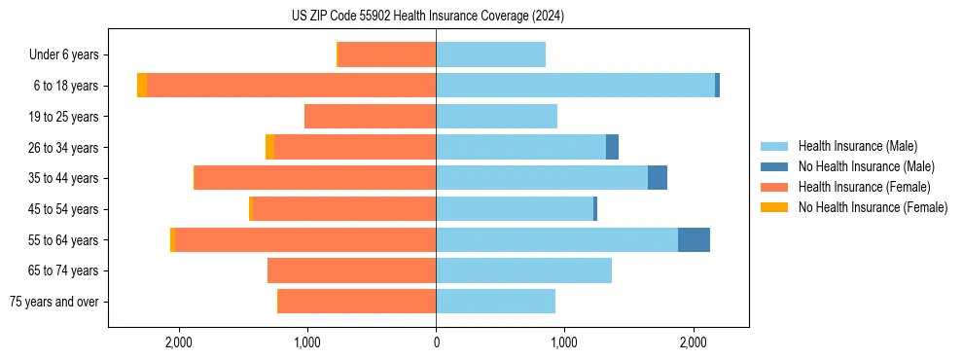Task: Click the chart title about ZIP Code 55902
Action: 428,17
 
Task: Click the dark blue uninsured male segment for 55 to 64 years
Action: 694,240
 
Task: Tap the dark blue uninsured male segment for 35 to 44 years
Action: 658,178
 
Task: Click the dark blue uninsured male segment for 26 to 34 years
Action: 612,147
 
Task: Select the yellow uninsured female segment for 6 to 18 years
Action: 142,86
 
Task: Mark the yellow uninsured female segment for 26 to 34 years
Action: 269,147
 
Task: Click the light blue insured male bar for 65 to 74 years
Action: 523,270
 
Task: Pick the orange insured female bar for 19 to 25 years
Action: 370,117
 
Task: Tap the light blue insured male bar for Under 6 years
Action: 490,54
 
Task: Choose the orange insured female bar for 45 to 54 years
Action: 343,209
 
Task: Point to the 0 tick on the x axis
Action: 436,342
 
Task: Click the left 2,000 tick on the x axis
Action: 179,342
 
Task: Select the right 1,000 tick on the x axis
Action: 564,342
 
